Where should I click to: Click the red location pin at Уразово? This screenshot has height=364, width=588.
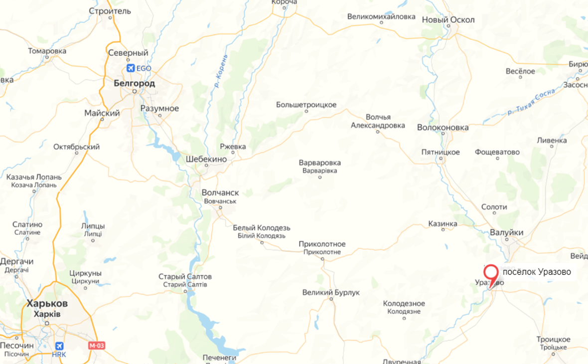point(491,274)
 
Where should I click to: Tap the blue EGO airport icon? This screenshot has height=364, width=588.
point(131,68)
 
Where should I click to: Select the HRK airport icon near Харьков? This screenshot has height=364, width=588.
point(60,346)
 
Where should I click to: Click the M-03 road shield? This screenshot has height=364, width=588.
point(96,345)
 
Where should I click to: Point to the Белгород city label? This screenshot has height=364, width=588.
point(134,83)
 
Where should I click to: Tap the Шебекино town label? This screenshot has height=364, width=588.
point(206,159)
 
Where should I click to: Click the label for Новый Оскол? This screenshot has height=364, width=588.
point(448,20)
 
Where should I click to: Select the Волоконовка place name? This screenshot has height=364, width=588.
point(442,128)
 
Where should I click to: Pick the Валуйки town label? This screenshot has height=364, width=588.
point(506,232)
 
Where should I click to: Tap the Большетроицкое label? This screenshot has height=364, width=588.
point(306,105)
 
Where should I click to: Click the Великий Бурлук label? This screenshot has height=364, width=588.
point(330,292)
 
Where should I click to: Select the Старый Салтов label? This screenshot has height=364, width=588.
point(185,276)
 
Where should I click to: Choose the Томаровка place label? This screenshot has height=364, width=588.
point(47,51)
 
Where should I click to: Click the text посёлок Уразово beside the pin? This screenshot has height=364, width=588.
point(537,272)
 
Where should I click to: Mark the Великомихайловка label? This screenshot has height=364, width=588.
point(381,16)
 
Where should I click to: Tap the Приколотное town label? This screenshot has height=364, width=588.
point(322,244)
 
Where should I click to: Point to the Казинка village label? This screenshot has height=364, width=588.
point(442,224)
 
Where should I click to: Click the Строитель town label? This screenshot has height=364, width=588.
point(110,11)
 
